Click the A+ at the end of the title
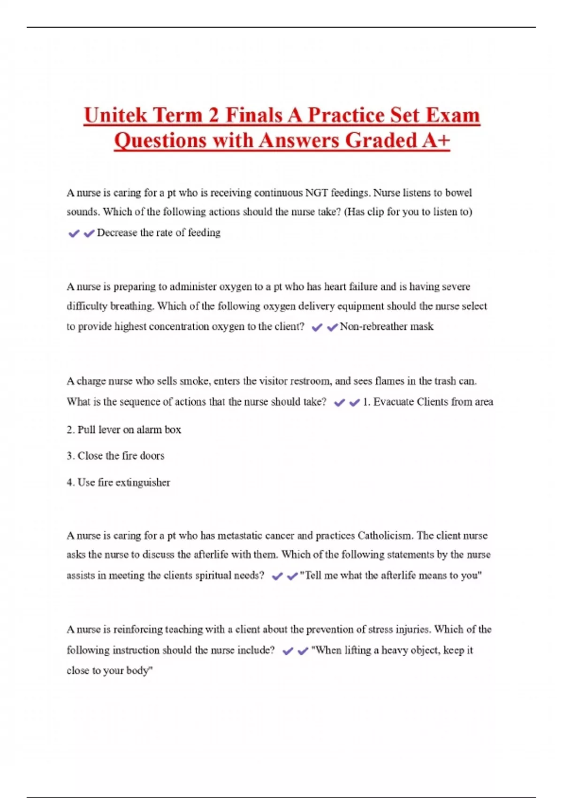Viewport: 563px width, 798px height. click(x=436, y=140)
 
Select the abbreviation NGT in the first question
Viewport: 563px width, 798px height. click(x=317, y=193)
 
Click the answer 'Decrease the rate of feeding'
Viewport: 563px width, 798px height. click(x=159, y=233)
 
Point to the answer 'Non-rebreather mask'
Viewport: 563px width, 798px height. click(x=387, y=327)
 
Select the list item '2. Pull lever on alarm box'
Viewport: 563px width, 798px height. click(x=124, y=430)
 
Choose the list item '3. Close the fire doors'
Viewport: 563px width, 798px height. click(x=115, y=456)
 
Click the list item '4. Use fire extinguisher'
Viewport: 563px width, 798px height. click(x=118, y=483)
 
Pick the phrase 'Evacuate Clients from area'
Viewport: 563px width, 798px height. click(x=433, y=402)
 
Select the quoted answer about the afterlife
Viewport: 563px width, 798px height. click(x=391, y=575)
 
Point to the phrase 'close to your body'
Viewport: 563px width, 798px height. click(x=109, y=671)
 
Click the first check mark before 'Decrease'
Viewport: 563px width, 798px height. click(x=74, y=233)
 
